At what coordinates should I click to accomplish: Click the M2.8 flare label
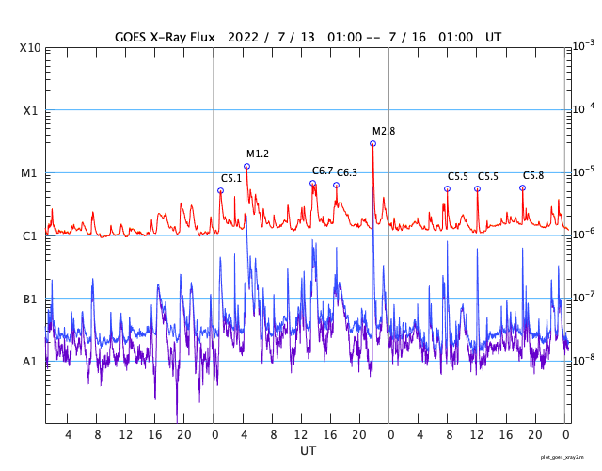[384, 131]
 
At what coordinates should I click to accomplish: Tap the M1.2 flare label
[258, 154]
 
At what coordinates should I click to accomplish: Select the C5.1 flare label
[231, 178]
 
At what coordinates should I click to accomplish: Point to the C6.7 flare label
[323, 171]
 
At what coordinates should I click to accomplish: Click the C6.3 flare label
[347, 172]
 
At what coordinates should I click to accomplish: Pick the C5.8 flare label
[533, 175]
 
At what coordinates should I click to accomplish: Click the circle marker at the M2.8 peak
[372, 143]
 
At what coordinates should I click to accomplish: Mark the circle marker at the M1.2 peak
[246, 166]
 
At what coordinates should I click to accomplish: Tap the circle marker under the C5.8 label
[522, 187]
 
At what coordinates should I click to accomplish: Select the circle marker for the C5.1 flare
[220, 190]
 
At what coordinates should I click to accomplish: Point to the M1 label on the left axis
[30, 173]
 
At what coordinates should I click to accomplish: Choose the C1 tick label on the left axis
[30, 235]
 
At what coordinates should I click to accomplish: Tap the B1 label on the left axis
[30, 299]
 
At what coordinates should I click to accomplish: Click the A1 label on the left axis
[30, 361]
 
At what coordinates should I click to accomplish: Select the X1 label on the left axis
[30, 110]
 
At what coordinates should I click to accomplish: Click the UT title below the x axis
[308, 451]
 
